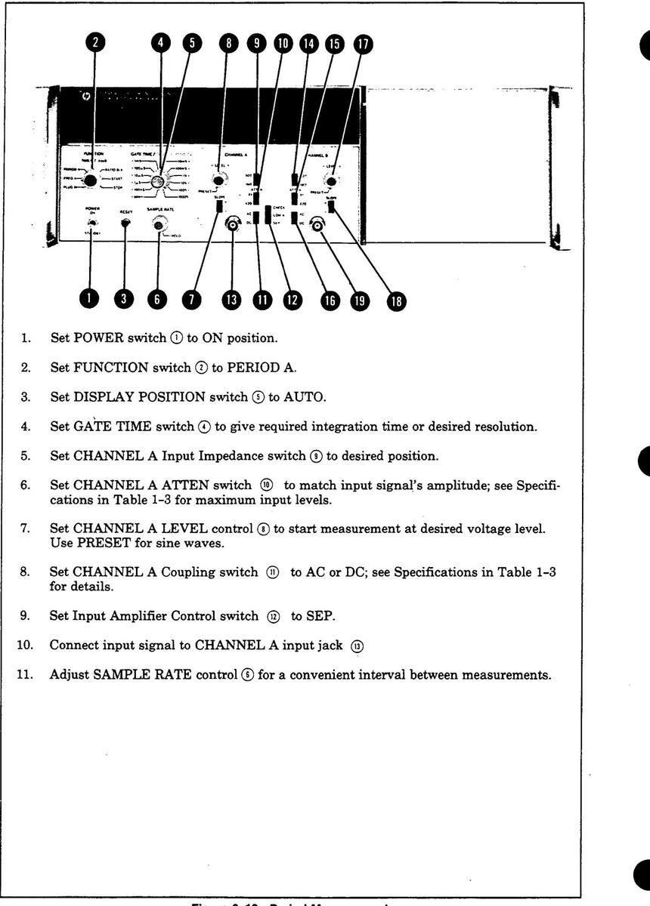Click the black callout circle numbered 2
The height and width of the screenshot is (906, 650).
pos(94,44)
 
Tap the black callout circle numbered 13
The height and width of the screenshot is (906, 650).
pos(232,299)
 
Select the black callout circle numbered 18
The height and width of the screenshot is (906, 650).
pos(395,302)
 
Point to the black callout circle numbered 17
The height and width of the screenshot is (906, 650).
pos(364,44)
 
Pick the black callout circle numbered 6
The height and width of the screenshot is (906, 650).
pos(157,299)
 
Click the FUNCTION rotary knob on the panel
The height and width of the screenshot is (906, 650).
pos(91,180)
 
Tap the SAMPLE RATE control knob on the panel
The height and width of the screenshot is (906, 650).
pos(159,223)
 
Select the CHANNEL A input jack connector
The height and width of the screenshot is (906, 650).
pos(233,224)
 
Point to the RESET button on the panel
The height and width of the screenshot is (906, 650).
pos(125,223)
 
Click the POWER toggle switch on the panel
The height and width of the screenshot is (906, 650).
pos(91,223)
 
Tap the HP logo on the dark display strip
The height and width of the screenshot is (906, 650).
pos(85,97)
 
